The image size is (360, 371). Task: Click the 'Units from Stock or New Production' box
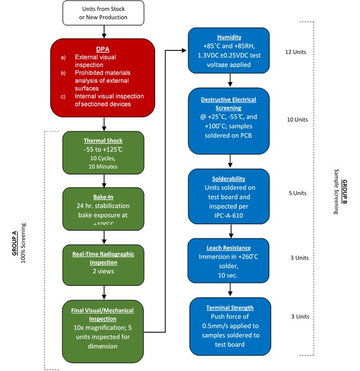click(x=104, y=13)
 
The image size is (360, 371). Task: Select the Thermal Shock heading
click(x=104, y=141)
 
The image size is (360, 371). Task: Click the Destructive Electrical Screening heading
click(x=230, y=104)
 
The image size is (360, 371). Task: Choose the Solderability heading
click(x=230, y=178)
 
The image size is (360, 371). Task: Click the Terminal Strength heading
click(x=230, y=308)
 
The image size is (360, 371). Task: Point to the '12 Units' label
click(x=296, y=51)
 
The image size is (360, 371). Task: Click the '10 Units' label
click(x=296, y=120)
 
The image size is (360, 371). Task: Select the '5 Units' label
click(x=296, y=193)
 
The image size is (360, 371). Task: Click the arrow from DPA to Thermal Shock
click(x=104, y=124)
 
